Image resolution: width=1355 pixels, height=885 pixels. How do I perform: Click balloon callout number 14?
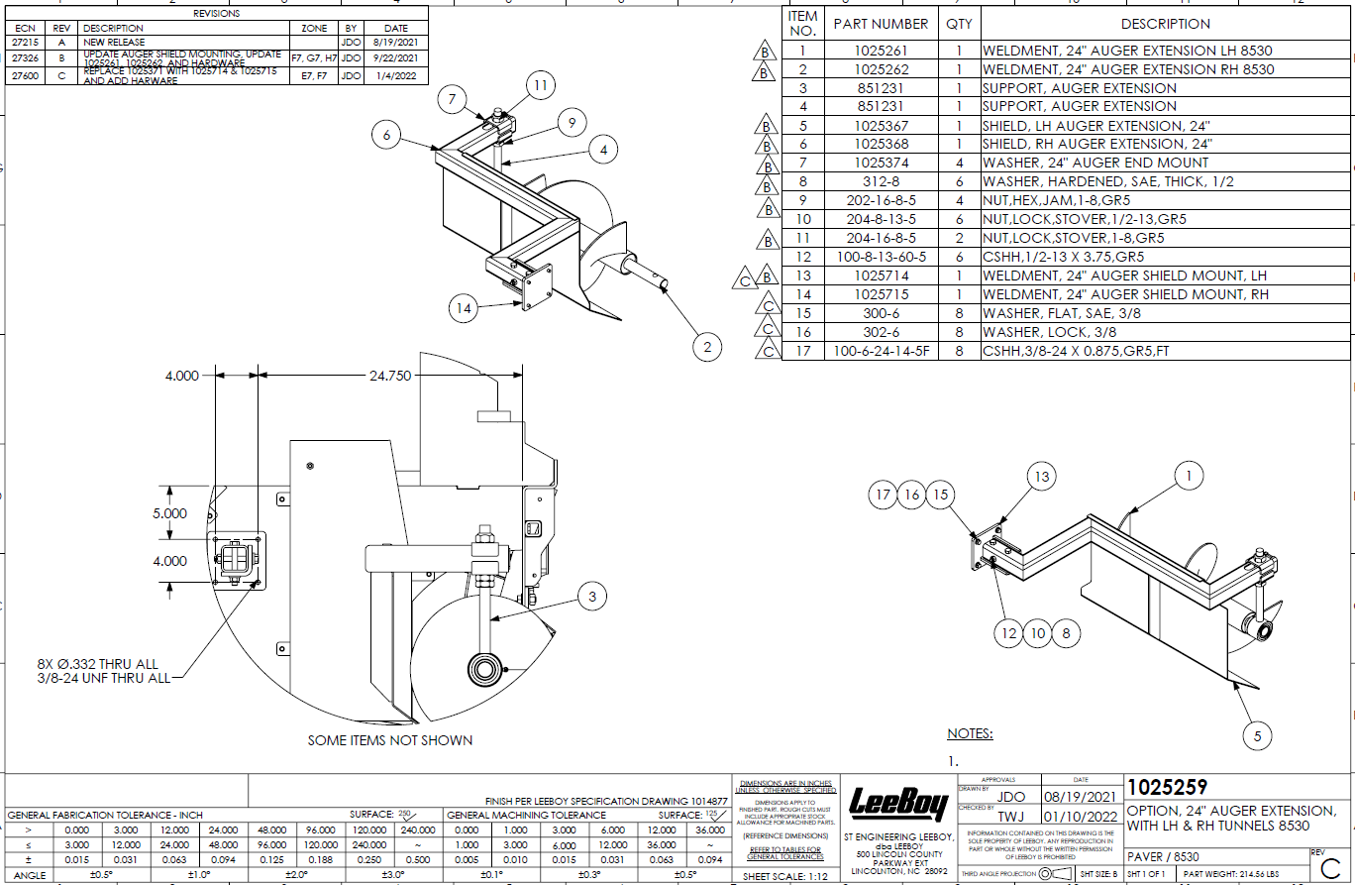click(x=464, y=308)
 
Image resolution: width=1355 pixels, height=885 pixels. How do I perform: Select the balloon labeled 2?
click(x=707, y=347)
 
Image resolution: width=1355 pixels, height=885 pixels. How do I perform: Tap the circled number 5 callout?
click(x=1257, y=735)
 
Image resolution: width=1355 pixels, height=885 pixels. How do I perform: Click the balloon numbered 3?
click(x=592, y=596)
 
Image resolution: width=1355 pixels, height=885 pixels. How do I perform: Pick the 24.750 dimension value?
click(x=390, y=377)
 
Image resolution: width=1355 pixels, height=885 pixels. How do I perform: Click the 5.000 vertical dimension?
click(x=169, y=514)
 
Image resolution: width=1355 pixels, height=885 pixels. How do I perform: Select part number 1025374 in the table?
click(x=881, y=163)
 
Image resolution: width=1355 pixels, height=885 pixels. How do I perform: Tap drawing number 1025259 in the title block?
click(x=1168, y=788)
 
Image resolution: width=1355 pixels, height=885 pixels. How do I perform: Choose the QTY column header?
click(x=959, y=24)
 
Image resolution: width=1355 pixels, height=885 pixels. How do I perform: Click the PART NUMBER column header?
click(x=881, y=24)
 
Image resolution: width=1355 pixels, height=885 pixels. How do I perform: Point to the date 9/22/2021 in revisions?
click(x=396, y=58)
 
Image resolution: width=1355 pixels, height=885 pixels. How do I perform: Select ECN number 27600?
click(x=24, y=76)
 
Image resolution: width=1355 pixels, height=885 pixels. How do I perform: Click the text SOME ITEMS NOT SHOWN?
click(x=390, y=740)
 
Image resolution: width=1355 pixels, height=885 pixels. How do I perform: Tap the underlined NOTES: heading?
click(x=970, y=734)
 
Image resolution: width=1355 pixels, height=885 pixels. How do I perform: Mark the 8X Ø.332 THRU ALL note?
click(x=98, y=664)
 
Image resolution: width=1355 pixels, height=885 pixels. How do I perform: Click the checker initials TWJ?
click(x=1010, y=817)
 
